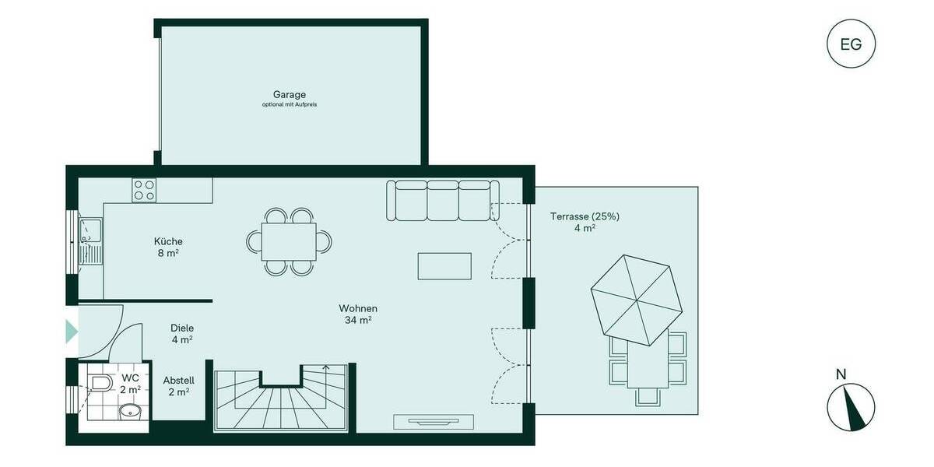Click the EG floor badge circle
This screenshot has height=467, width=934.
pos(851,44)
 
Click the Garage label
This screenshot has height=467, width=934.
pos(290,94)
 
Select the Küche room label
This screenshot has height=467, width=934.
pos(168,241)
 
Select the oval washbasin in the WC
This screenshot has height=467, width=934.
pos(129,410)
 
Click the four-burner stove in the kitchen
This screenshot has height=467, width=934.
pos(144,190)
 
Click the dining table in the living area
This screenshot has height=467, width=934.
pos(289,241)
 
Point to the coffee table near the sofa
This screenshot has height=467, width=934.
pos(444,265)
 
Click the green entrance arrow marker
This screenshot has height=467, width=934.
pos(72,332)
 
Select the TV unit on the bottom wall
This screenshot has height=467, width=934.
pos(434,422)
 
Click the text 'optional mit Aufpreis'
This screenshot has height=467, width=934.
pos(290,104)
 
